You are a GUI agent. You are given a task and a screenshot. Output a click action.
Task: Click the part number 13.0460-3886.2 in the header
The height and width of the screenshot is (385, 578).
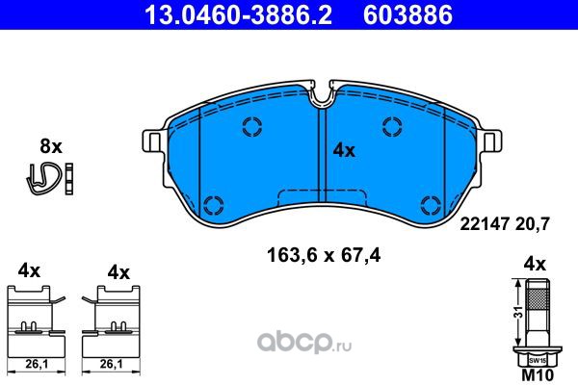click(239, 14)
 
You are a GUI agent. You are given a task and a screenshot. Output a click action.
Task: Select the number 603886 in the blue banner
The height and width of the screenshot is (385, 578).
click(408, 14)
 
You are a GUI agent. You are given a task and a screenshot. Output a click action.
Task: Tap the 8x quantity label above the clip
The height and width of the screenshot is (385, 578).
click(51, 146)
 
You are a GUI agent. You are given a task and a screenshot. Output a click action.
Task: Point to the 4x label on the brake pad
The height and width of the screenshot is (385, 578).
click(344, 150)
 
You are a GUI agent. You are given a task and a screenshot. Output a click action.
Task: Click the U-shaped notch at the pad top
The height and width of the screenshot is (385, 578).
click(323, 96)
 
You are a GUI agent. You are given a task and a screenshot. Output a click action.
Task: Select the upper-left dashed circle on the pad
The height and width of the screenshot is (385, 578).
click(252, 126)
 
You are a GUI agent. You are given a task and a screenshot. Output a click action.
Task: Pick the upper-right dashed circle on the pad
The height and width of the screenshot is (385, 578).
click(393, 126)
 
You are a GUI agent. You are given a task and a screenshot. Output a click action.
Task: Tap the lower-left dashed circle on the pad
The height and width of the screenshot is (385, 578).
click(214, 205)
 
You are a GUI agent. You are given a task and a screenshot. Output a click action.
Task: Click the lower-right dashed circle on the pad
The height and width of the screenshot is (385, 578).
click(431, 205)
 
